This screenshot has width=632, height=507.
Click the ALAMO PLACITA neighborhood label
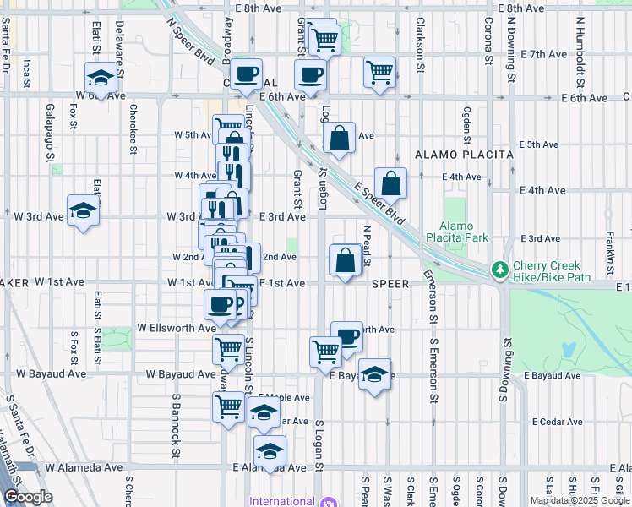(x=464, y=155)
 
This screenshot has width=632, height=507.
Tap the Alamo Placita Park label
(x=464, y=232)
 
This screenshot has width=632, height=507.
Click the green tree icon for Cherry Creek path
(x=500, y=269)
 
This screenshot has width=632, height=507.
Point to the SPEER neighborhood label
(x=390, y=284)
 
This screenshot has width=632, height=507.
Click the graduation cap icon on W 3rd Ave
(x=84, y=210)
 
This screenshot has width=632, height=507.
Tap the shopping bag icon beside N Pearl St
(x=346, y=259)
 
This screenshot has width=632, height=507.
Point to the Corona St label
(x=488, y=41)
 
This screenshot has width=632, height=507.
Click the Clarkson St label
(x=420, y=41)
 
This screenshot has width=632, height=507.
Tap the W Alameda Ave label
(x=84, y=467)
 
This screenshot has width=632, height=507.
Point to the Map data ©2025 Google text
(x=580, y=500)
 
